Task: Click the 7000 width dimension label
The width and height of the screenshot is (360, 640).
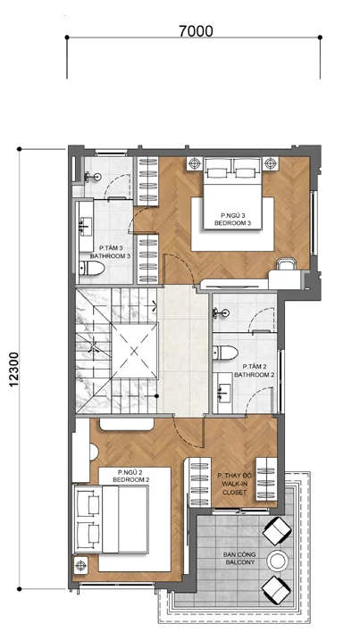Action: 196,31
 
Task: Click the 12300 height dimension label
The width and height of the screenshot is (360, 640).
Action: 14,369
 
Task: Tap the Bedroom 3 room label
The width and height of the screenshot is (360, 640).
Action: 232,220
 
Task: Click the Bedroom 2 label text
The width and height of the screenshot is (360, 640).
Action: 130,476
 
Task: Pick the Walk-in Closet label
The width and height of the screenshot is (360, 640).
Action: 235,485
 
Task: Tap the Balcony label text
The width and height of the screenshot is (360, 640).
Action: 239,559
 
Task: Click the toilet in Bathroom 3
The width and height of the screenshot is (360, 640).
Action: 92,268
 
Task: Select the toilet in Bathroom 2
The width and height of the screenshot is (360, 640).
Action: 225,353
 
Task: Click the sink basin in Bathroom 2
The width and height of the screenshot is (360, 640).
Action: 222,393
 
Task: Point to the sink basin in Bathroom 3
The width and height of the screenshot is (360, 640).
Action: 86,227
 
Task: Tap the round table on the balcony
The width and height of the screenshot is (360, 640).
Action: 278,561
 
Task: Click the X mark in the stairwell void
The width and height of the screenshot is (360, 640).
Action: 135,350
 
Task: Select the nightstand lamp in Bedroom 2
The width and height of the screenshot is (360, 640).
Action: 81,565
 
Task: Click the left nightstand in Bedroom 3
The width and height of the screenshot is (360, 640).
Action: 195,163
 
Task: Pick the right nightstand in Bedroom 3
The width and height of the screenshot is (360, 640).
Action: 269,163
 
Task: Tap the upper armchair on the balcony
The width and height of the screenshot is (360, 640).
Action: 277,530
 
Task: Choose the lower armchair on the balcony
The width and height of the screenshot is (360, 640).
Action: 276,590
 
